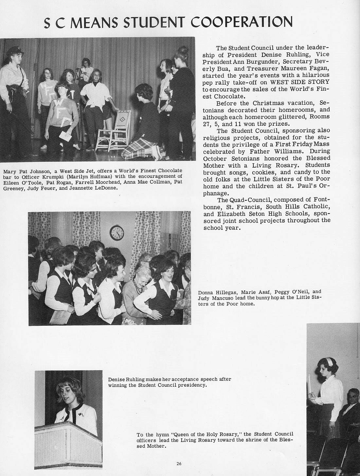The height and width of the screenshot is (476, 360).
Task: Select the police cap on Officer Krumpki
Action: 13,50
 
